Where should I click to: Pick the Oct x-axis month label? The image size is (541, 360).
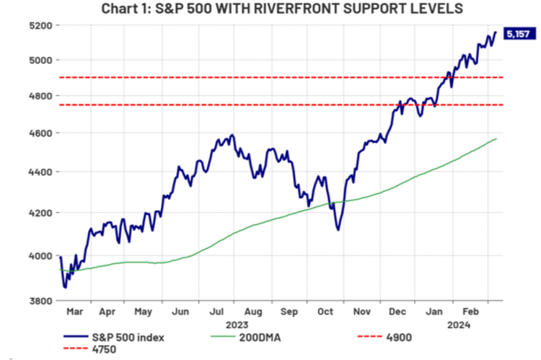click(x=326, y=313)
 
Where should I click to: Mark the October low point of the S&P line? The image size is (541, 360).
click(x=338, y=230)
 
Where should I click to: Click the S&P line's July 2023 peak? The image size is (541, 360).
click(x=232, y=134)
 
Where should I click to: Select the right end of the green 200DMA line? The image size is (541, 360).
click(x=496, y=139)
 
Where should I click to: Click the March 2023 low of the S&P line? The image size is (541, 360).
click(x=65, y=287)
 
